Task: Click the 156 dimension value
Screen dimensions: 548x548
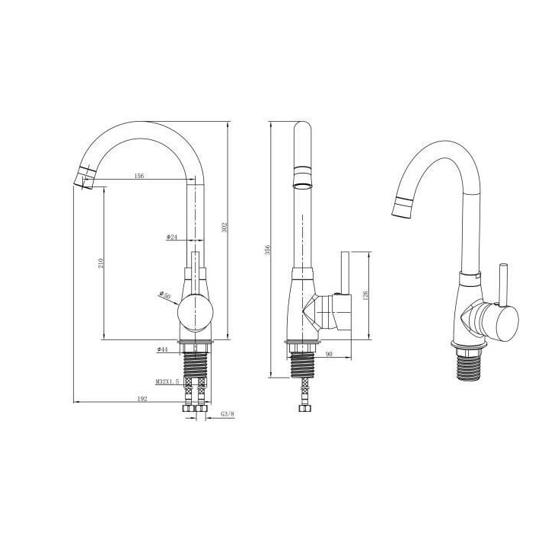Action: click(139, 176)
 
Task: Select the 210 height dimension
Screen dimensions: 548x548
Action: click(100, 263)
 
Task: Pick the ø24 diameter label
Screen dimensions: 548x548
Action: click(171, 237)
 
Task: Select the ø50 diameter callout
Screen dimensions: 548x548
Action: click(163, 295)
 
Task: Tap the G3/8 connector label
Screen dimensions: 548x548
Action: click(226, 415)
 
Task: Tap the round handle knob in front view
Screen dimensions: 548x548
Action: click(194, 313)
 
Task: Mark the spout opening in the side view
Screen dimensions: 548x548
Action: click(302, 184)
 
